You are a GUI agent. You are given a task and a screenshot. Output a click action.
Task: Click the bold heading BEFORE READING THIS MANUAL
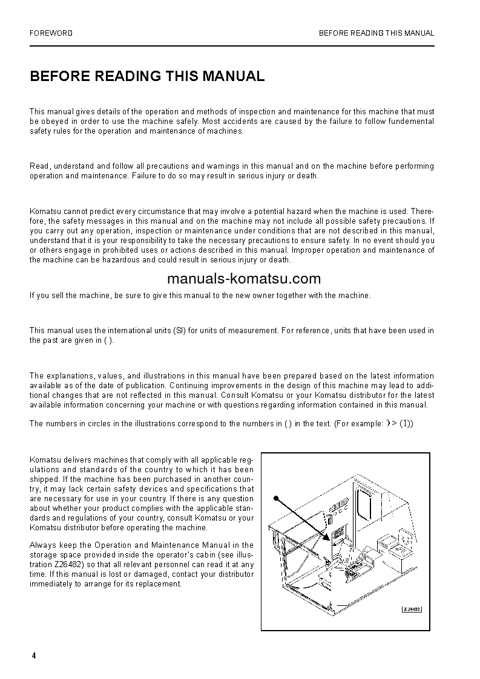click(x=147, y=76)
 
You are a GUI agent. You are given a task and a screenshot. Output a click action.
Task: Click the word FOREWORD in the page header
click(x=51, y=33)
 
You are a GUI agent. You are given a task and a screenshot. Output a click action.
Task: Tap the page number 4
click(x=34, y=656)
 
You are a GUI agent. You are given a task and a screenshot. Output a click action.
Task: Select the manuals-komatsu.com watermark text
click(x=234, y=279)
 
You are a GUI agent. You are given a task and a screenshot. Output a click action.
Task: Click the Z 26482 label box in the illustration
click(x=412, y=609)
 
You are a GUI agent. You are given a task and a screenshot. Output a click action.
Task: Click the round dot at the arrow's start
click(x=275, y=498)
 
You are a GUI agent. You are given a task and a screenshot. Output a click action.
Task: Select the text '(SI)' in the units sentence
click(x=180, y=331)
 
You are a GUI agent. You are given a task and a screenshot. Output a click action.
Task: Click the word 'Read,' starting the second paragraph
click(x=39, y=166)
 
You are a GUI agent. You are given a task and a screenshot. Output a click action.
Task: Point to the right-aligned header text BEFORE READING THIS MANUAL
click(x=376, y=33)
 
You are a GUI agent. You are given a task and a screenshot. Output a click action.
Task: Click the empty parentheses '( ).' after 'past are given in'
click(x=108, y=340)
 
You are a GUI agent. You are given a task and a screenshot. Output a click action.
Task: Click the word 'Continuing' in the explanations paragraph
click(x=189, y=386)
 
